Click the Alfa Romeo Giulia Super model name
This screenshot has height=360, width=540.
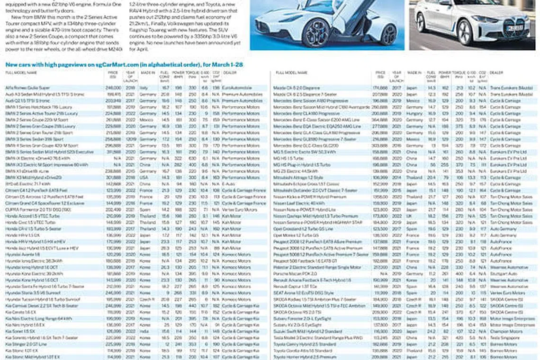pos(27,88)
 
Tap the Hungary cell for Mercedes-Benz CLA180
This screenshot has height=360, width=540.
pos(414,114)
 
